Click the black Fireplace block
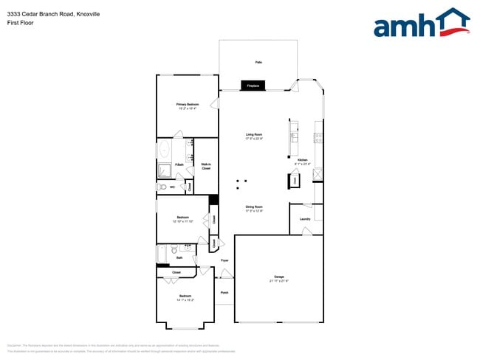(253, 86)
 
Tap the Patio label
(258, 63)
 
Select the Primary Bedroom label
(188, 105)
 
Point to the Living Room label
(255, 134)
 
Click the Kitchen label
(302, 160)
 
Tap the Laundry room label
(304, 219)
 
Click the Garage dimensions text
(279, 281)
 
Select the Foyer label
(224, 260)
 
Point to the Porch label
(224, 292)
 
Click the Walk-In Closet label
(206, 166)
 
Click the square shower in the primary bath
(164, 170)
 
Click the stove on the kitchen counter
(318, 136)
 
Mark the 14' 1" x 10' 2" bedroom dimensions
(185, 300)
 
